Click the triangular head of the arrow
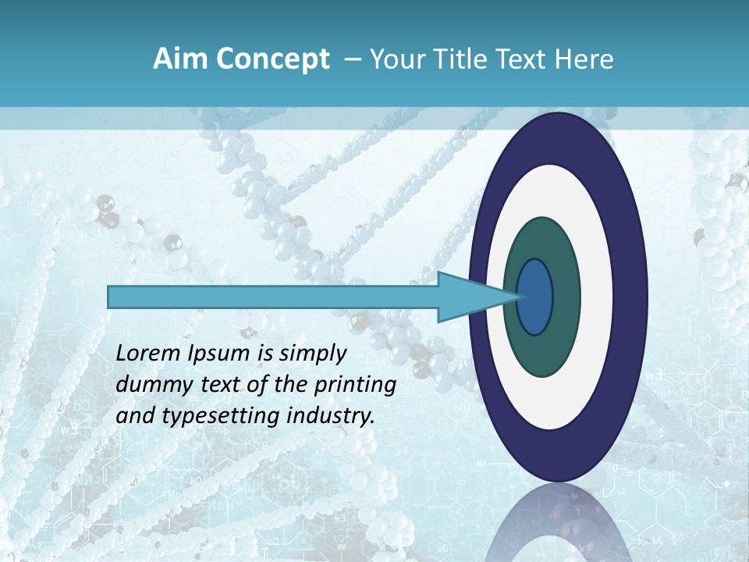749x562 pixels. tap(468, 297)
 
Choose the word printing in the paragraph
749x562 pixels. tap(355, 386)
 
